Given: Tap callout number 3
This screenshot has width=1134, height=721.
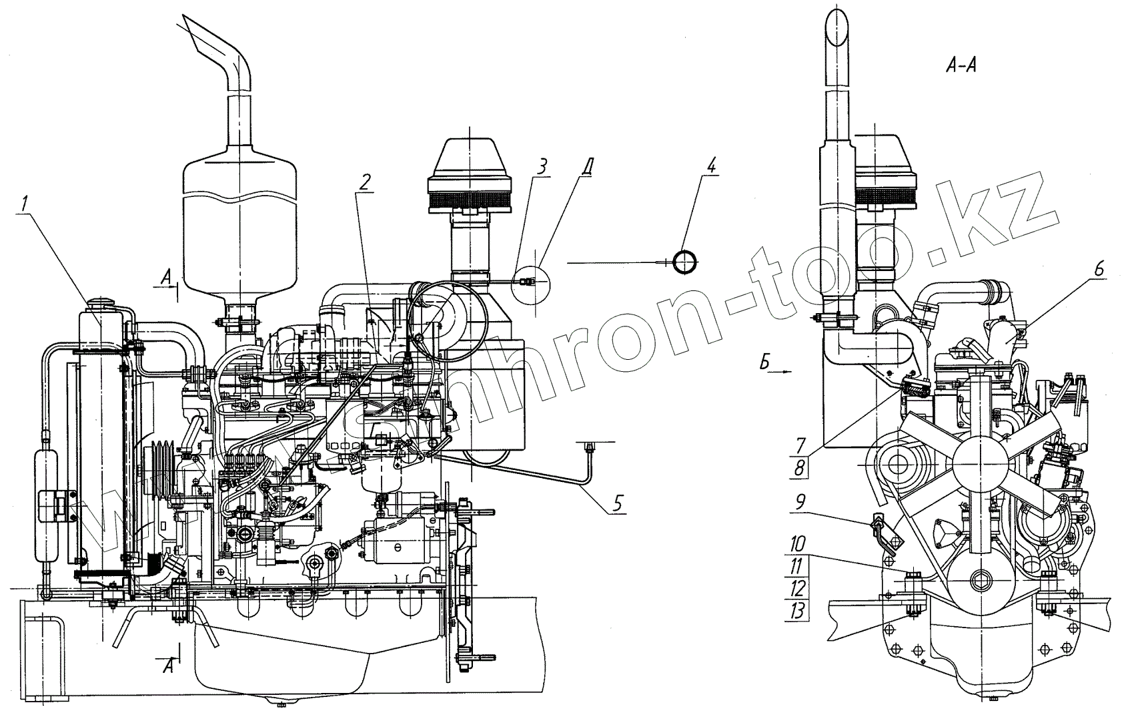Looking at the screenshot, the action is [x=543, y=167].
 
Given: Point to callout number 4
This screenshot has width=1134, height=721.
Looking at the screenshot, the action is [x=712, y=166].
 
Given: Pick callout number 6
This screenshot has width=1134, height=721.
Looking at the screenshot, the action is [x=1098, y=268].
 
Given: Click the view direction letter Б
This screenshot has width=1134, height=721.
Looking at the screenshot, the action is [x=768, y=364].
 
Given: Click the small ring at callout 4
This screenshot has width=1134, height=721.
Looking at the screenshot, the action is [x=686, y=262].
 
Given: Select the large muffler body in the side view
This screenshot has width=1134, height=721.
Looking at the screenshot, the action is [x=238, y=227].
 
